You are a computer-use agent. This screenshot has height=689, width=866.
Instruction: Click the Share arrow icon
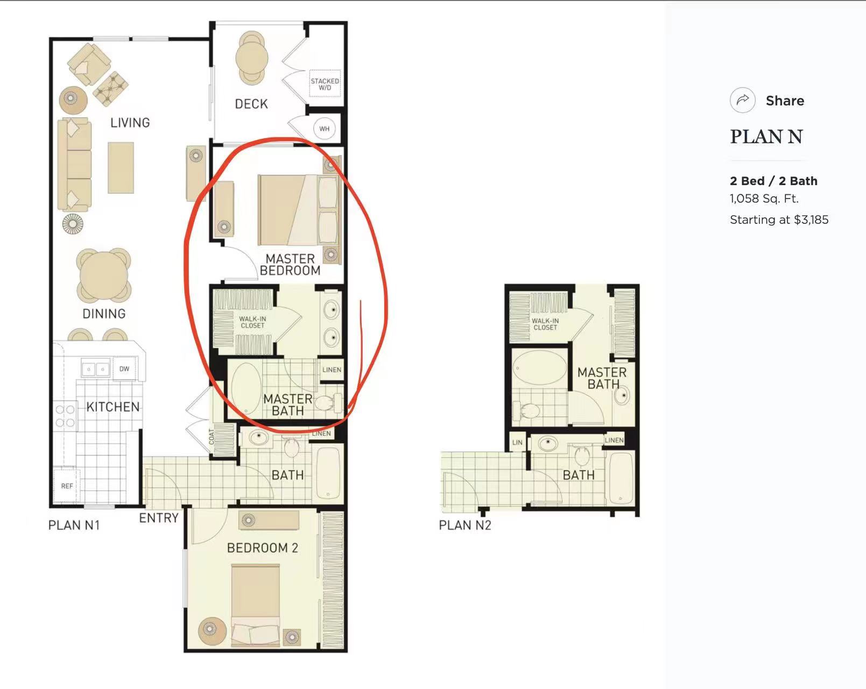click(742, 100)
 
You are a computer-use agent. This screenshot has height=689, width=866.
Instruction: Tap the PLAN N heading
click(766, 137)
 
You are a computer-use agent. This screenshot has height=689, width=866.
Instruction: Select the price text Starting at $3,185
click(779, 220)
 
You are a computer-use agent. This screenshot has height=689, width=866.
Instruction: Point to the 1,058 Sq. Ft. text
click(764, 199)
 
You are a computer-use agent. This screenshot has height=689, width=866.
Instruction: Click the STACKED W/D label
click(325, 84)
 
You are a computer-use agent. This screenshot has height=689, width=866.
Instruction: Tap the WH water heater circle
click(325, 129)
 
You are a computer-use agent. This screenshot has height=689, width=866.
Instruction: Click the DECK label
click(251, 104)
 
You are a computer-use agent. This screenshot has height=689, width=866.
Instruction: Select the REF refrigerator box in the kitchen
click(67, 486)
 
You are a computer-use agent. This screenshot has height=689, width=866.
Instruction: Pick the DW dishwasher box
click(124, 368)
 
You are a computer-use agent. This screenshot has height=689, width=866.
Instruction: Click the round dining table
click(104, 276)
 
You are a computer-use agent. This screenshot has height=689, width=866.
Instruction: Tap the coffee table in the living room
click(121, 167)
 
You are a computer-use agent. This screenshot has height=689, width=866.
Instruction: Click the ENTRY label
click(159, 517)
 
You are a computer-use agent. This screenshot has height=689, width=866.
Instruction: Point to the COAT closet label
click(212, 437)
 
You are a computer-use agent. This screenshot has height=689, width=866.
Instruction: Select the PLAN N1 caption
click(74, 525)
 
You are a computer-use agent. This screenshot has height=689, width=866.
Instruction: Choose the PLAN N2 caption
click(465, 525)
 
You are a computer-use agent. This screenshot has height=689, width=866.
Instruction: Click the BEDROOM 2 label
click(262, 548)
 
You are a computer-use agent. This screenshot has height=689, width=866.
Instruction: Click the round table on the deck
click(251, 59)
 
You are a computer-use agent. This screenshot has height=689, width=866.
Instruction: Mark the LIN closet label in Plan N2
click(518, 442)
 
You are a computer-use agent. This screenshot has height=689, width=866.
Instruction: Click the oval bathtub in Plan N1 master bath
click(247, 389)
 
